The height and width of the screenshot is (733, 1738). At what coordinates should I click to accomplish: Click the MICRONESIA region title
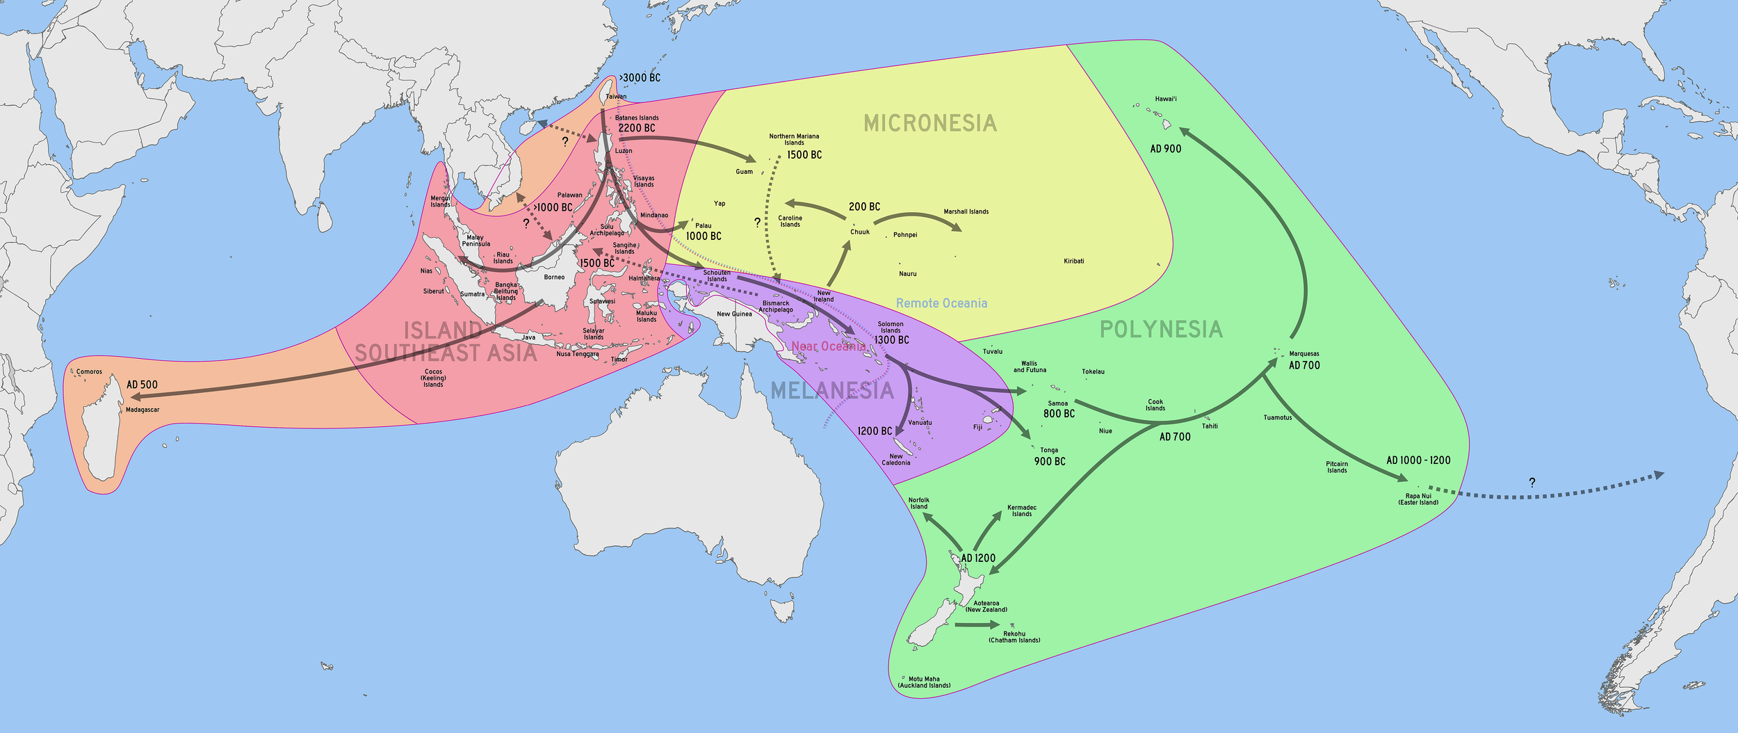click(x=930, y=124)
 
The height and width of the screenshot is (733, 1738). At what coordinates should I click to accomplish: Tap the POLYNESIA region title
click(x=1161, y=330)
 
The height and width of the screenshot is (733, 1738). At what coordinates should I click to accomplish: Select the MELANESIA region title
click(x=832, y=391)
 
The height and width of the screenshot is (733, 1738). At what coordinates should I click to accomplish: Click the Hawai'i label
click(x=1166, y=99)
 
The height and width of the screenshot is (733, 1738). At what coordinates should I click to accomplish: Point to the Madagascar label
click(x=143, y=410)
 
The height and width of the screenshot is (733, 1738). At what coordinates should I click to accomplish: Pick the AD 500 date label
click(x=142, y=385)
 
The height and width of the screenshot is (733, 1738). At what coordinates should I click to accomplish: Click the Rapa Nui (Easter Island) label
click(x=1418, y=499)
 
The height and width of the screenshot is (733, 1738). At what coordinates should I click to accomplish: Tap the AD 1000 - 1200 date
click(x=1418, y=460)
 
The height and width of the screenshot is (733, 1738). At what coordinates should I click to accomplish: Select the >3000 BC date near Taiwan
click(x=640, y=78)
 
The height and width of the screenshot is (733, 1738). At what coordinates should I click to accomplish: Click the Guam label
click(x=744, y=172)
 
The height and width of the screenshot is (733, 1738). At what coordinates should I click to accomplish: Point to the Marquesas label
click(x=1304, y=354)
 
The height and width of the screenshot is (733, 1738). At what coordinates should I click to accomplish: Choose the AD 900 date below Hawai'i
click(x=1166, y=149)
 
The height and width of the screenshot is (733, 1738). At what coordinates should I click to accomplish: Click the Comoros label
click(x=89, y=372)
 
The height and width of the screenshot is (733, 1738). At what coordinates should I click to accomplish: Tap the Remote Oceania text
click(x=941, y=303)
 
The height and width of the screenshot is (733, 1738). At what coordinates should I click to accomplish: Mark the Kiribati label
click(x=1073, y=261)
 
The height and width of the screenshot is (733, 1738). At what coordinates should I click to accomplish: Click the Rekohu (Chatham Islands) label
click(x=1014, y=637)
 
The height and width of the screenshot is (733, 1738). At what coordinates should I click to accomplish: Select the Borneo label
click(x=554, y=277)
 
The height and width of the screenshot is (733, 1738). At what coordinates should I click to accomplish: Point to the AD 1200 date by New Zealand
click(x=978, y=558)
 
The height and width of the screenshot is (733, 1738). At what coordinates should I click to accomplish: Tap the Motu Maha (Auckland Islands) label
click(x=924, y=682)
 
